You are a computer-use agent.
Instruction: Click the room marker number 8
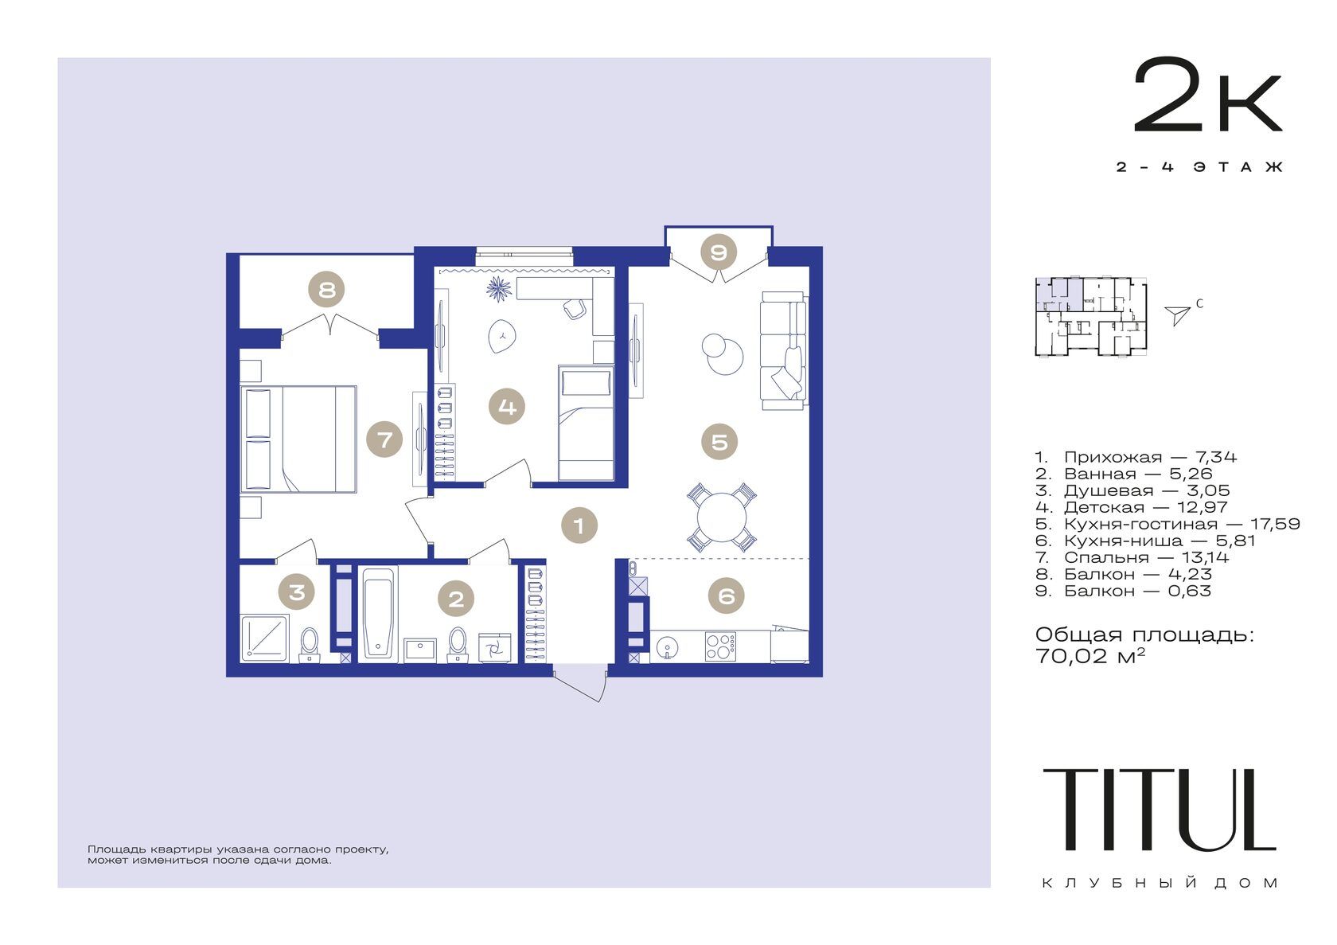tap(326, 290)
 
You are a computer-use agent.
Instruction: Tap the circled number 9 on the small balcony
tap(718, 252)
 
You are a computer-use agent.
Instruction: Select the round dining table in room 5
tap(722, 517)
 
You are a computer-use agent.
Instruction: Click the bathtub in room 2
tap(379, 614)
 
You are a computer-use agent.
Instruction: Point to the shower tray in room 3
tap(264, 638)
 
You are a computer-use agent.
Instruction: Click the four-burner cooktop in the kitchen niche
tap(720, 646)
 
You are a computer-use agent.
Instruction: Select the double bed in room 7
tap(298, 439)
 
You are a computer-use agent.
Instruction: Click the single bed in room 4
tap(586, 422)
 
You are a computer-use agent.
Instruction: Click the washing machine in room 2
tap(495, 648)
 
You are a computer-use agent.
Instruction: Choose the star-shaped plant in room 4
tap(498, 290)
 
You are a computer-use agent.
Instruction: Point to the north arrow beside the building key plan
tap(1178, 315)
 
